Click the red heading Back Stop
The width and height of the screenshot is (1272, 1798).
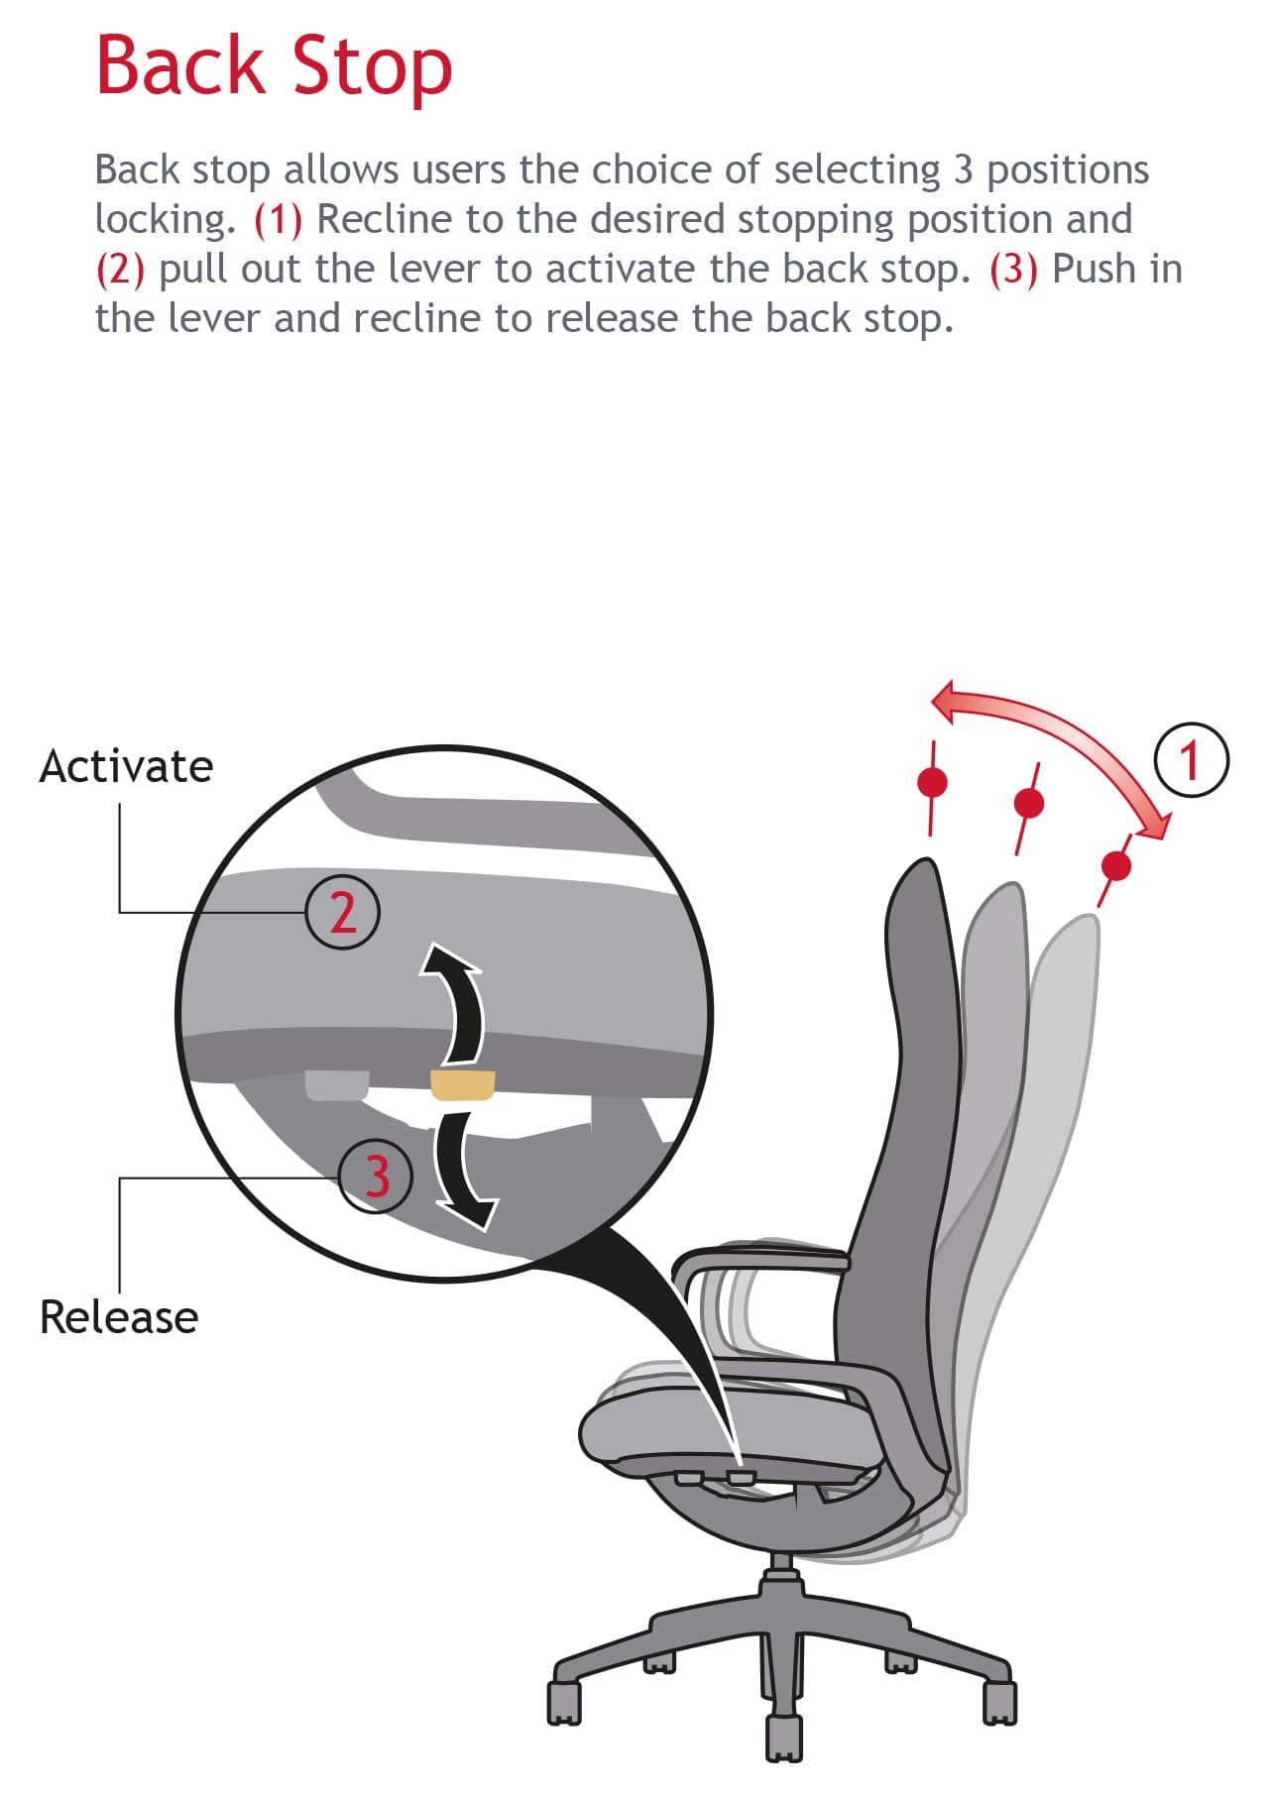[x=274, y=66]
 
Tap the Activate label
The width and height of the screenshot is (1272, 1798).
[x=126, y=766]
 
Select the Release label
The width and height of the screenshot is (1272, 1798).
[x=119, y=1317]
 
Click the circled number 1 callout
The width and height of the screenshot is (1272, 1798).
[x=1192, y=761]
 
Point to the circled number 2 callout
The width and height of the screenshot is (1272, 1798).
[x=342, y=912]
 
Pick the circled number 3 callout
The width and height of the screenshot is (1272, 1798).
[x=376, y=1176]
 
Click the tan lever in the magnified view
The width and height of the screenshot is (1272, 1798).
[x=462, y=1084]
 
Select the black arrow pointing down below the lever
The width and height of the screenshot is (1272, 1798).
[x=462, y=1170]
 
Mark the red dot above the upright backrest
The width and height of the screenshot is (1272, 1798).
[x=932, y=783]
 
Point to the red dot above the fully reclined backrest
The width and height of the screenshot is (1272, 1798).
[x=1117, y=866]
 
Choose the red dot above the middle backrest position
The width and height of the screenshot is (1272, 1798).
[x=1030, y=801]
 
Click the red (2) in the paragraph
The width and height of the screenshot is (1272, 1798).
[x=120, y=270]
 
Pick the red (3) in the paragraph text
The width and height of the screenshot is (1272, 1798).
[x=1013, y=270]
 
